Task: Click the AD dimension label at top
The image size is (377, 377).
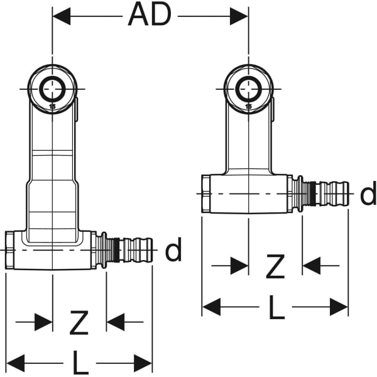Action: pos(150,15)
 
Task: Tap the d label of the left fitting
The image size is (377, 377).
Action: pos(173,251)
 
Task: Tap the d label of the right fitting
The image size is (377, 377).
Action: pos(368,195)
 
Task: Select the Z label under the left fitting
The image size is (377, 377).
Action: pos(79,323)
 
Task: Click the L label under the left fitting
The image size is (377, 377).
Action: pos(79,363)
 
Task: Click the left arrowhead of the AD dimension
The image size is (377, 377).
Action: pos(61,16)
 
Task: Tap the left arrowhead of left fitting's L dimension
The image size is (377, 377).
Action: pos(15,363)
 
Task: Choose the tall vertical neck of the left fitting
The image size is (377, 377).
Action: pos(52,170)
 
